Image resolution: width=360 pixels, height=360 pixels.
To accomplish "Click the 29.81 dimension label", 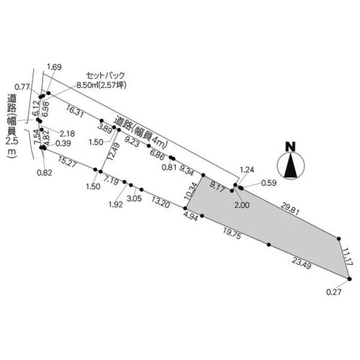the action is pyautogui.click(x=290, y=208).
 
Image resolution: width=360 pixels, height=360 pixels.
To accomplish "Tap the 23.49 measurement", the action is pyautogui.click(x=302, y=263).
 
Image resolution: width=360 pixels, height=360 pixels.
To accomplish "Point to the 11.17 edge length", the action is pyautogui.click(x=348, y=256).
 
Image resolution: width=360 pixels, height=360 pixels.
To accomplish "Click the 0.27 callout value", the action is pyautogui.click(x=333, y=292).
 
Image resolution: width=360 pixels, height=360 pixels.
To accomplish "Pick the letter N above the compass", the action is pyautogui.click(x=291, y=146).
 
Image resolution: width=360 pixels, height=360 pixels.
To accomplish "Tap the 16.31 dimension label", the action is pyautogui.click(x=75, y=112).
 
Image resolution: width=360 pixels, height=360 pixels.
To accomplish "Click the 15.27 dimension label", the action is pyautogui.click(x=67, y=161).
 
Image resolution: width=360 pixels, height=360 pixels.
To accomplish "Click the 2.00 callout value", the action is pyautogui.click(x=242, y=205).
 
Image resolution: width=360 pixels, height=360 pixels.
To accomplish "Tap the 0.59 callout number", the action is pyautogui.click(x=269, y=183).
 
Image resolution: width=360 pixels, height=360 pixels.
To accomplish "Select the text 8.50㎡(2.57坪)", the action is pyautogui.click(x=102, y=85).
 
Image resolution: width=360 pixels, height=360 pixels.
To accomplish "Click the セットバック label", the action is pyautogui.click(x=106, y=76).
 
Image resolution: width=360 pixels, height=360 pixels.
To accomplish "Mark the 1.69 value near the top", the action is pyautogui.click(x=54, y=67).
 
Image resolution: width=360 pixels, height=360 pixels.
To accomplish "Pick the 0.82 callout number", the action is pyautogui.click(x=45, y=173).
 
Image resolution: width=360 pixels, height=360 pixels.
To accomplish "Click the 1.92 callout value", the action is pyautogui.click(x=116, y=204).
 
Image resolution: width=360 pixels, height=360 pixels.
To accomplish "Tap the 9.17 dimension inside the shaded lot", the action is pyautogui.click(x=217, y=187).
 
